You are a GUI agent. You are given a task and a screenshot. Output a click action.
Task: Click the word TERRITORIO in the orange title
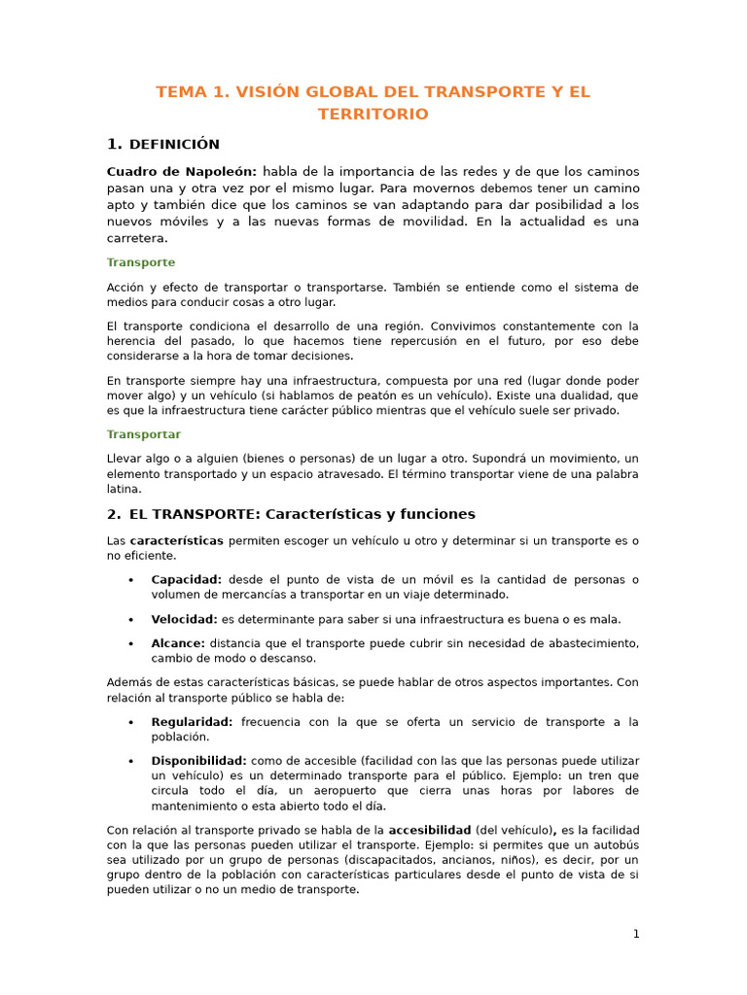pos(373,115)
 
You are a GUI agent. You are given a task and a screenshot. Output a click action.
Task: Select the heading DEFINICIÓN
pos(174,145)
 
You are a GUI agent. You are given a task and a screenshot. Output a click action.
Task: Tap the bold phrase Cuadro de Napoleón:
pos(182,172)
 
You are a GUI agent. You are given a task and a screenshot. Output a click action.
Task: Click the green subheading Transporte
pos(141,262)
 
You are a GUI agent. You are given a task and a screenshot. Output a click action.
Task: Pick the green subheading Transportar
pos(144,434)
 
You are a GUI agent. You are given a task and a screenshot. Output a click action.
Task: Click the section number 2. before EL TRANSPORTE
pos(113,514)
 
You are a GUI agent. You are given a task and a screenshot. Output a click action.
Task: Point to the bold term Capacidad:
pos(187,579)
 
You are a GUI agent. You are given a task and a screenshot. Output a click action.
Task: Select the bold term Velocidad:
pos(185,619)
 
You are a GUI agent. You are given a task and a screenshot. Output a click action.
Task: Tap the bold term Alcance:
pos(178,643)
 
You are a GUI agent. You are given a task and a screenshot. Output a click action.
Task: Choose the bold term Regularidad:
pos(193,722)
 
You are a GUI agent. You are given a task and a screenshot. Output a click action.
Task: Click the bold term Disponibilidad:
pos(199,761)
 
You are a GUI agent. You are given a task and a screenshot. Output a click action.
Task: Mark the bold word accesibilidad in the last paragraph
pos(430,830)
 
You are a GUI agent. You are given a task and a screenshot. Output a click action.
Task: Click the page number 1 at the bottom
pos(636,934)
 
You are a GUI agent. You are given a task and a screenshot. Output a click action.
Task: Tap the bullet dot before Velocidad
pos(130,619)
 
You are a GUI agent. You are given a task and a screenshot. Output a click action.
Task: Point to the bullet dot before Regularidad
pos(130,722)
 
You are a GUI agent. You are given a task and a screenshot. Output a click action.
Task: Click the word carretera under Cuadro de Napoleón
pos(137,238)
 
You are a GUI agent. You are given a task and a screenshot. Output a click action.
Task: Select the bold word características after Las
pos(177,540)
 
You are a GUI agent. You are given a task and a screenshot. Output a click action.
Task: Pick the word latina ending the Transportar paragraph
pos(124,490)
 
